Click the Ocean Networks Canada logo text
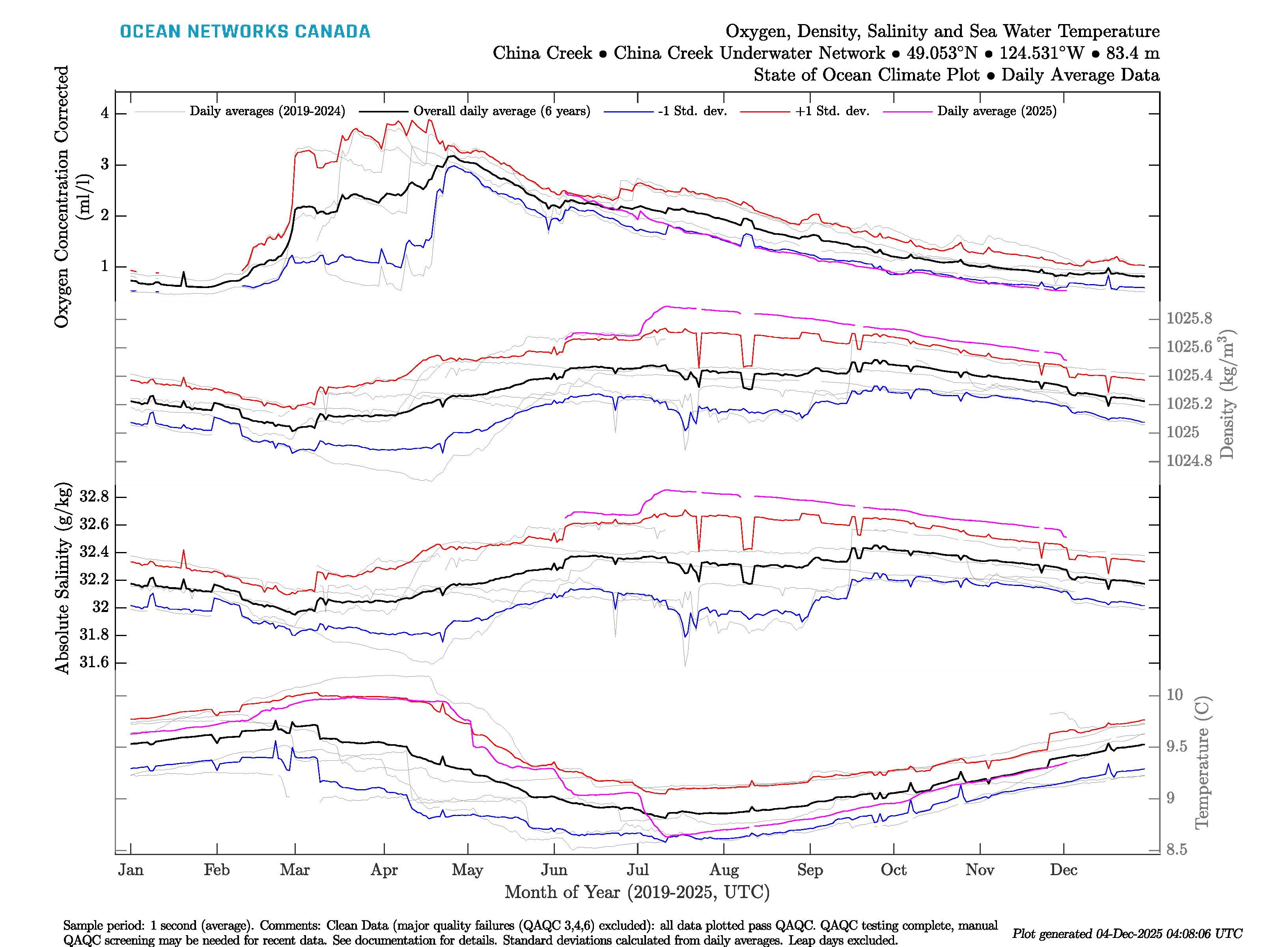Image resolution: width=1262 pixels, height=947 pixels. [x=245, y=32]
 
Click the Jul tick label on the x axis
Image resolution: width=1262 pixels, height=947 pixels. [x=637, y=870]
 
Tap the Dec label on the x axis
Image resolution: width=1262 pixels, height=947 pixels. [x=1064, y=870]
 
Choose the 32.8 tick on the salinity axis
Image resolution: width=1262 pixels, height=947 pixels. [x=94, y=497]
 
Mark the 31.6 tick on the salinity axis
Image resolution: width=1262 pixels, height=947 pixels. [x=94, y=662]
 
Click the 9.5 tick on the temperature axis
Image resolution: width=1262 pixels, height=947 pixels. [x=1176, y=747]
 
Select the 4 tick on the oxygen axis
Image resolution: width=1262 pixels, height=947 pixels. [x=105, y=113]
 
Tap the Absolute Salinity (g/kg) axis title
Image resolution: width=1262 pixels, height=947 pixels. [x=63, y=578]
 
